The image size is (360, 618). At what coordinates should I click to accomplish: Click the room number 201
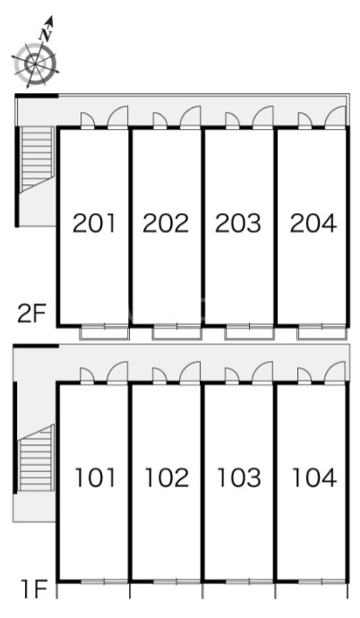point(95,223)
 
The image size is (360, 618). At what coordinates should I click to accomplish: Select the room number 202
point(166,223)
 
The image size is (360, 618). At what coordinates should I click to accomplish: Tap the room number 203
point(238,223)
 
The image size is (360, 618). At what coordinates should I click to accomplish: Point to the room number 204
point(313,223)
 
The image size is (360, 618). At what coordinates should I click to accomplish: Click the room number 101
point(96,477)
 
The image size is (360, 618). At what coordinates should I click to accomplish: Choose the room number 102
point(167,477)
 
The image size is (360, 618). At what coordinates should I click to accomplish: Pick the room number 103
point(239,477)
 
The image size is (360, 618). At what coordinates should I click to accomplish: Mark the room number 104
point(314,477)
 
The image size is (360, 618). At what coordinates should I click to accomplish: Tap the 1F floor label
point(35,588)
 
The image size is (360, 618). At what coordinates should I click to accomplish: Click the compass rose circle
point(36,64)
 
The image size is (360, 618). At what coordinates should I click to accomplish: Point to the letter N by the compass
point(47,35)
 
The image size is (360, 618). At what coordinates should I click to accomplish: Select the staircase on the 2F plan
point(37,159)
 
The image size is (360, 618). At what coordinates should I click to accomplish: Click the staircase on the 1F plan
point(36,458)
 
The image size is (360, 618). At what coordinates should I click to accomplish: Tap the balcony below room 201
point(105,333)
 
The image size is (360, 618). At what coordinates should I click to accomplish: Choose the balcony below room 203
point(249,333)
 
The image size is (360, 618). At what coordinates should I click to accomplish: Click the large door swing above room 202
point(191,117)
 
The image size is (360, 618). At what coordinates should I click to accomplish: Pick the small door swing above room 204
point(304,120)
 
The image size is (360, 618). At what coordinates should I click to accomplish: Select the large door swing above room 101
point(118,372)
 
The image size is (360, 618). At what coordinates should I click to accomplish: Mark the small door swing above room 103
point(232,375)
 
